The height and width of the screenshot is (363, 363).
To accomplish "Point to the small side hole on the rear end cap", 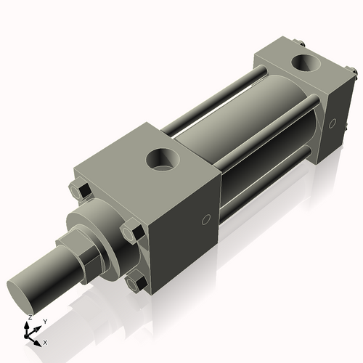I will (333, 123).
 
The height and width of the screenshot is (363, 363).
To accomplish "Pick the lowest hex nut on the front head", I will (135, 283).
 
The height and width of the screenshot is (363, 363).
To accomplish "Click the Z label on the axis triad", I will (30, 318).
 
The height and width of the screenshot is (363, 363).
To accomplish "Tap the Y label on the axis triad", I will (44, 321).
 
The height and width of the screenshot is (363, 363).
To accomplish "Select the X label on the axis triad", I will (45, 341).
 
